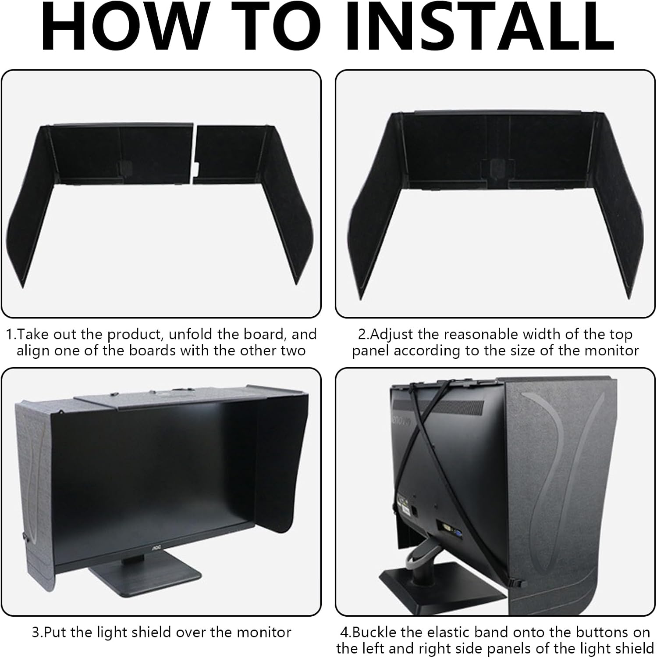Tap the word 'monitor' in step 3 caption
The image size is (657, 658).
(x=264, y=632)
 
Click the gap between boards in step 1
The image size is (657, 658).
(x=194, y=151)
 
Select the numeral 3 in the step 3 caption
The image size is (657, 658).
(x=36, y=632)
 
